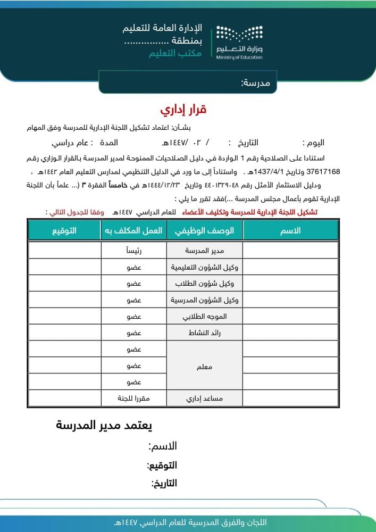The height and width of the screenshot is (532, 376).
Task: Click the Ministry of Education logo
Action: coord(239,42)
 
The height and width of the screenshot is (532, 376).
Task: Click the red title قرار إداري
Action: coord(183,110)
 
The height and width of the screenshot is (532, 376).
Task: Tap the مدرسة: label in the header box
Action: coord(256,82)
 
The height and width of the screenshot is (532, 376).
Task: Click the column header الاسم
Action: coord(290,230)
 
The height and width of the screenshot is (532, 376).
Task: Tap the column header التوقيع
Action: coord(64,230)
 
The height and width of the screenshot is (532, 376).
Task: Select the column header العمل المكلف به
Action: coord(133,230)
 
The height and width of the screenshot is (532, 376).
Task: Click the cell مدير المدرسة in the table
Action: coord(205,251)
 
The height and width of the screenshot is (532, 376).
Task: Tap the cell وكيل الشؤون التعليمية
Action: coord(205,267)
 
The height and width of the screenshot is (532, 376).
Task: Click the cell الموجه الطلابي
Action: coord(205,317)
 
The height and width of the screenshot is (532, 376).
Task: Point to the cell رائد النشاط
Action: coord(205,333)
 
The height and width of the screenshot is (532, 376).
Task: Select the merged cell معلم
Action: coord(205,367)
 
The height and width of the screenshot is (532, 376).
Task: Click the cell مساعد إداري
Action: coord(205,398)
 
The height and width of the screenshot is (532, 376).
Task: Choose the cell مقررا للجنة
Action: coord(133,398)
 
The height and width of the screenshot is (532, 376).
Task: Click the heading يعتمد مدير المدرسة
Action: coord(104,426)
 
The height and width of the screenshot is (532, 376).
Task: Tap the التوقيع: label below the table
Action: coord(162,465)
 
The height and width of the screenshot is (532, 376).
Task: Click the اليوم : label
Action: coord(313,143)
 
